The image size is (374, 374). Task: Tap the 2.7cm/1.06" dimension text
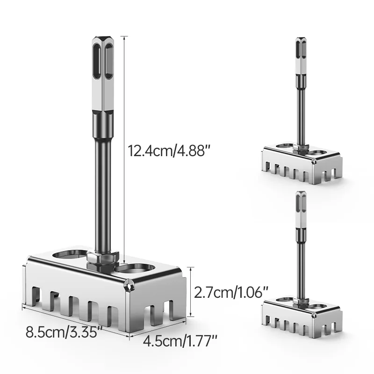point(231,293)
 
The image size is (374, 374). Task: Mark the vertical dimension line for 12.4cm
point(124,150)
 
